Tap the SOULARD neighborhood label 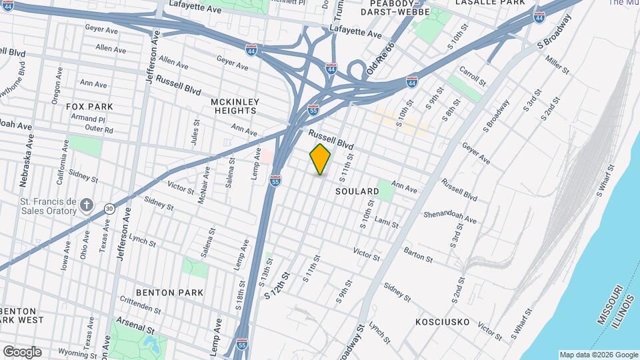pos(357,191)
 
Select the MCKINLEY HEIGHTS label pos(234,106)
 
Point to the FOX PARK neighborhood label pos(89,106)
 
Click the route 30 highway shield pos(109,209)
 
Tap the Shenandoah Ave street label pos(450,217)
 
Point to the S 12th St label pos(278,284)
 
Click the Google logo pos(21,351)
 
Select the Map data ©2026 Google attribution pos(598,355)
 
